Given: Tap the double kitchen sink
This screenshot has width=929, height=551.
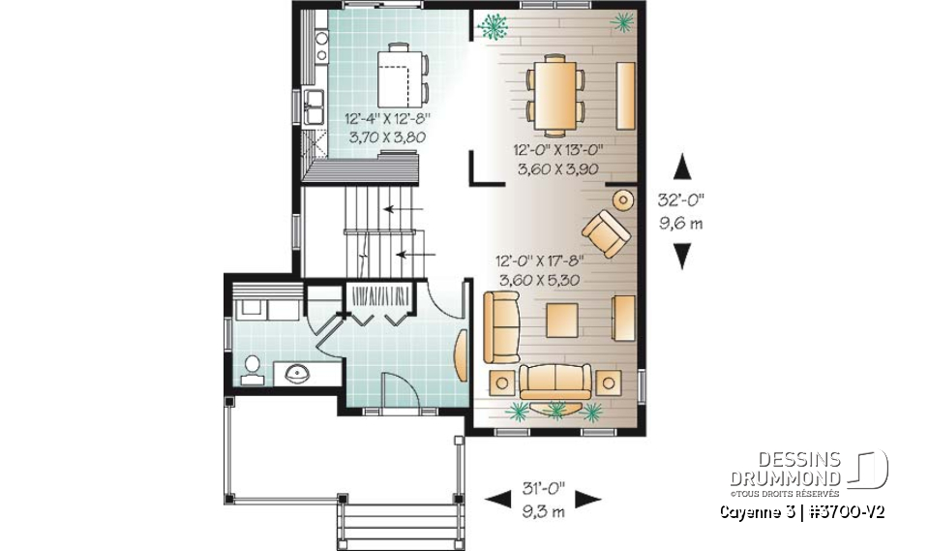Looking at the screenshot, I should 315,107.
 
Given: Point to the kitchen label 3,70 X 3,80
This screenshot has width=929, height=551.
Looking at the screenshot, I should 387,138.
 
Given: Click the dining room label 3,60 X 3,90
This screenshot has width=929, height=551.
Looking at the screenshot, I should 558,168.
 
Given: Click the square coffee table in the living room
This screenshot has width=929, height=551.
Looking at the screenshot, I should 561,321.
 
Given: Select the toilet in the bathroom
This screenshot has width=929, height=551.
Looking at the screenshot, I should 252,369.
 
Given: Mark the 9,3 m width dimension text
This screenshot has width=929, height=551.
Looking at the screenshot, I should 543,513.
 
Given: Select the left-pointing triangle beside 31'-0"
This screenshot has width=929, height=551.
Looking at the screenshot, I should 497,499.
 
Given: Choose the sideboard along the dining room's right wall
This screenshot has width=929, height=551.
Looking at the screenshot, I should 625,94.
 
